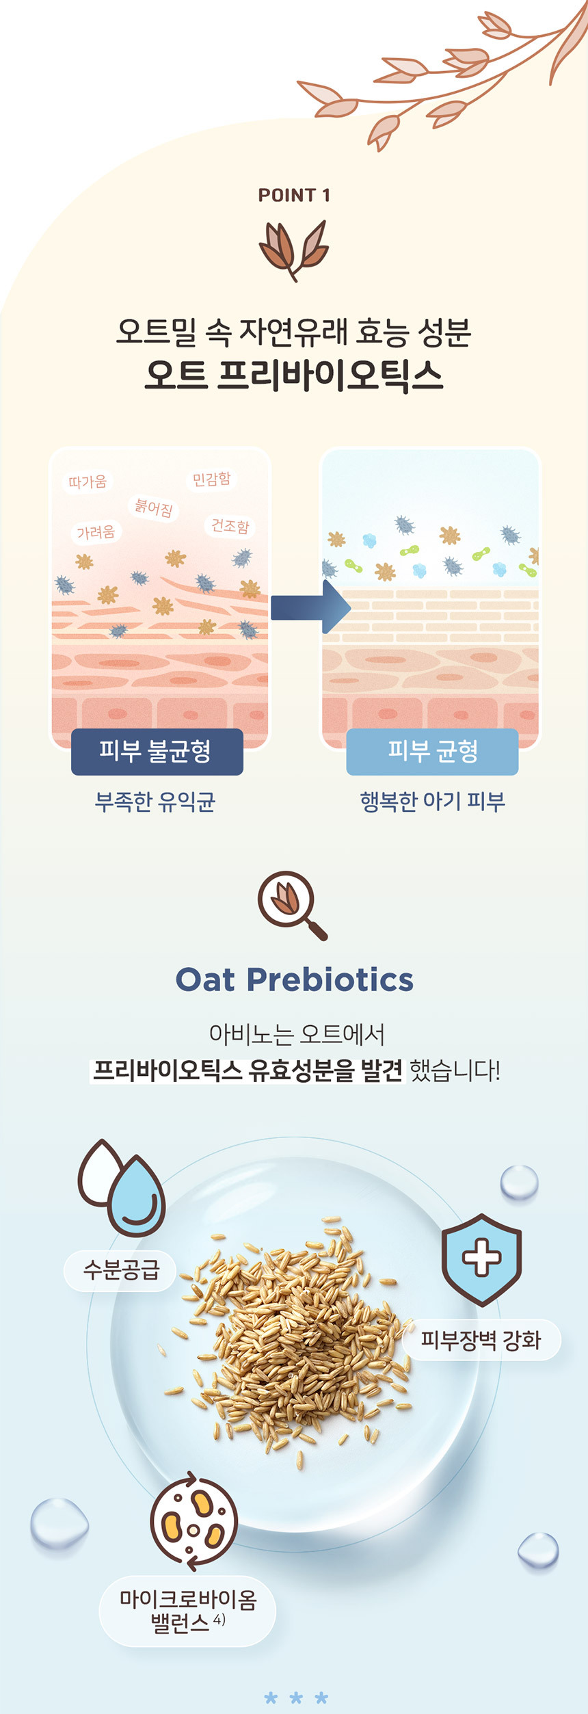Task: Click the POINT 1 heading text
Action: point(294,196)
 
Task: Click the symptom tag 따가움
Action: point(88,482)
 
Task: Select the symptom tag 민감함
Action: point(211,479)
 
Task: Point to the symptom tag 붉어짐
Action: point(153,507)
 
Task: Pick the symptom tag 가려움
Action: point(96,531)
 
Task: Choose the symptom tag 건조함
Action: point(230,525)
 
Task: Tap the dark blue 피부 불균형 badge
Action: point(157,751)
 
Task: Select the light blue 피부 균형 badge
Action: point(432,751)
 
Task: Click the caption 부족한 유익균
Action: point(155,801)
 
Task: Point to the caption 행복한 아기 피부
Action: point(432,801)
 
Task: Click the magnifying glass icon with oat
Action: point(293,905)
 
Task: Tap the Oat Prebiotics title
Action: point(295,979)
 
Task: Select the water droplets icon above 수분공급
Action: point(122,1187)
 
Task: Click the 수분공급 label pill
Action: point(120,1270)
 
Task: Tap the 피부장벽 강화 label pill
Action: point(481,1339)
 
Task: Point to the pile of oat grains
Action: point(294,1341)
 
